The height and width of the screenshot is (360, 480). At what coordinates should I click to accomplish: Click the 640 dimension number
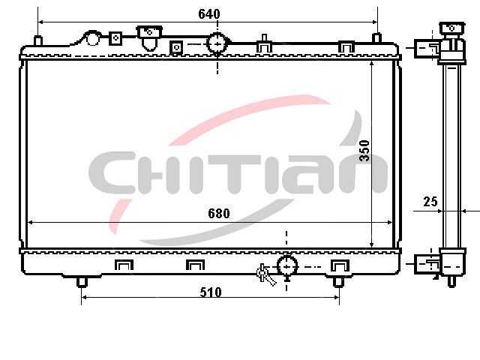click(209, 14)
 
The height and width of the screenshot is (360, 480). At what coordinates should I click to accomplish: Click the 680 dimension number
click(218, 213)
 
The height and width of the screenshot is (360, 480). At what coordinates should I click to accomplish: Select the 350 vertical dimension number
click(364, 151)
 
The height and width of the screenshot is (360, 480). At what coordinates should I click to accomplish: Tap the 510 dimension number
click(211, 292)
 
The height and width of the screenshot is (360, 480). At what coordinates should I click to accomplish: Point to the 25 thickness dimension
click(430, 202)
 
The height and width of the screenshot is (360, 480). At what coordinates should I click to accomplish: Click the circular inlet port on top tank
click(217, 43)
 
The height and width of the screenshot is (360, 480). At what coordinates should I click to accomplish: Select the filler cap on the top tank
click(149, 31)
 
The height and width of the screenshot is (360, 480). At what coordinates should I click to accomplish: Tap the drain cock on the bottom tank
click(265, 274)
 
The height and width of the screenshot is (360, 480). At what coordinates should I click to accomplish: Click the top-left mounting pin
click(37, 40)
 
